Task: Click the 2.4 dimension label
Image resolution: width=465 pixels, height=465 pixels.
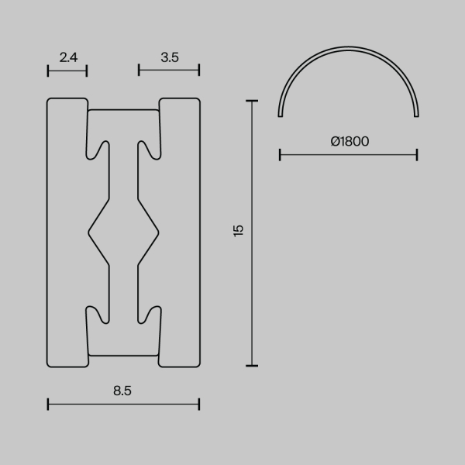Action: [x=68, y=56]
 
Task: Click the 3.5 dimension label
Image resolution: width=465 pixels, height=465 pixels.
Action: [x=170, y=56]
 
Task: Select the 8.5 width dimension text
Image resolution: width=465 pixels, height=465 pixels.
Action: [x=122, y=391]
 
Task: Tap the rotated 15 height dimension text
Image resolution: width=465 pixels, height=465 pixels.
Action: [x=239, y=230]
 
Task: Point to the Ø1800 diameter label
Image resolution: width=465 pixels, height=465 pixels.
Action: [x=349, y=141]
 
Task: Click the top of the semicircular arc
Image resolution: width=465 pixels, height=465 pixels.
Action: [x=349, y=49]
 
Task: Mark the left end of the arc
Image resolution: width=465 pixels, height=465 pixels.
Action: [x=281, y=115]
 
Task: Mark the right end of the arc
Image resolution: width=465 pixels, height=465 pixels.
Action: [x=417, y=115]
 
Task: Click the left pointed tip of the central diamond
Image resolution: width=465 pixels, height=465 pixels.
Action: [x=89, y=231]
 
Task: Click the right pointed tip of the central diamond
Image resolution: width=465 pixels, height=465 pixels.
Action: [x=158, y=231]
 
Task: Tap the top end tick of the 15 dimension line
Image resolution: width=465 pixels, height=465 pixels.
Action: [x=251, y=100]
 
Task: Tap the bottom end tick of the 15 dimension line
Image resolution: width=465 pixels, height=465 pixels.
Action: [x=251, y=365]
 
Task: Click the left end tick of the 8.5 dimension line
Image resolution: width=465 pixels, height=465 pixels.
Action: [x=48, y=404]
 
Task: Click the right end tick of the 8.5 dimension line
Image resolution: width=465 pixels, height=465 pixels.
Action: [x=199, y=404]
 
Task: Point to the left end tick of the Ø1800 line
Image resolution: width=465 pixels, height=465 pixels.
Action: [x=280, y=155]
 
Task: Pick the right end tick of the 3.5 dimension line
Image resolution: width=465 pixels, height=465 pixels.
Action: [x=199, y=70]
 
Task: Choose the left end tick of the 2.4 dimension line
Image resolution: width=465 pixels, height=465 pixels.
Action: [x=48, y=70]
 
